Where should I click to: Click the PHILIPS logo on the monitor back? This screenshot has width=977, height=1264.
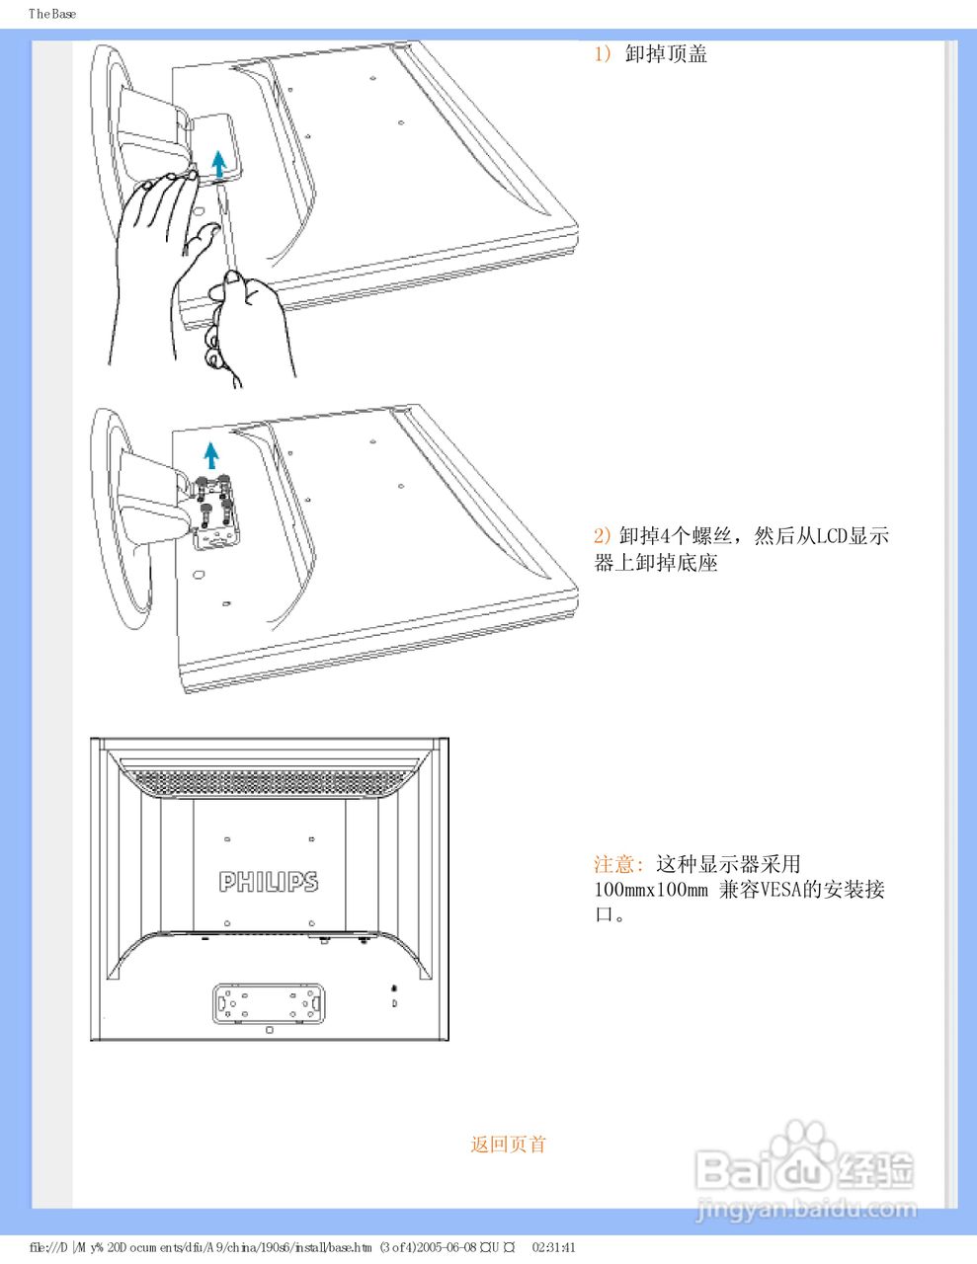click(x=269, y=881)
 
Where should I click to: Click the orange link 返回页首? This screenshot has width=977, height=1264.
click(x=508, y=1145)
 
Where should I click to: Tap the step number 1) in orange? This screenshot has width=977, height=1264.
click(x=603, y=54)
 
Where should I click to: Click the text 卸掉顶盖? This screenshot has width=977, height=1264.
click(x=667, y=54)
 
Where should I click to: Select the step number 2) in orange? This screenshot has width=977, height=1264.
click(x=603, y=536)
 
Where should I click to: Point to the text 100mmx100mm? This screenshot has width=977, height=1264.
click(x=651, y=890)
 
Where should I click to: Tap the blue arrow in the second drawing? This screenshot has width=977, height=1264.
click(x=210, y=455)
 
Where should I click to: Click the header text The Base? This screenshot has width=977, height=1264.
click(x=52, y=14)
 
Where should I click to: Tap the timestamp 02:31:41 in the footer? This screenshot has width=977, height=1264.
click(x=553, y=1247)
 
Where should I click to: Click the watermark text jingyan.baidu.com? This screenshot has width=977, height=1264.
click(x=806, y=1208)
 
